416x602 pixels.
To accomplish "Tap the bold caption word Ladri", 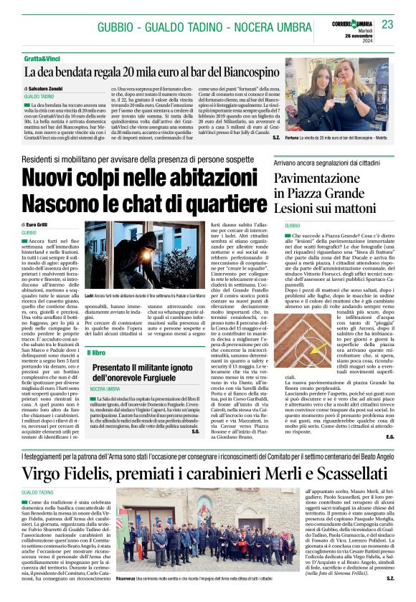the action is (90, 295).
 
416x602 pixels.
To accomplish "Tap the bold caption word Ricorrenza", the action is (128, 575).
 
